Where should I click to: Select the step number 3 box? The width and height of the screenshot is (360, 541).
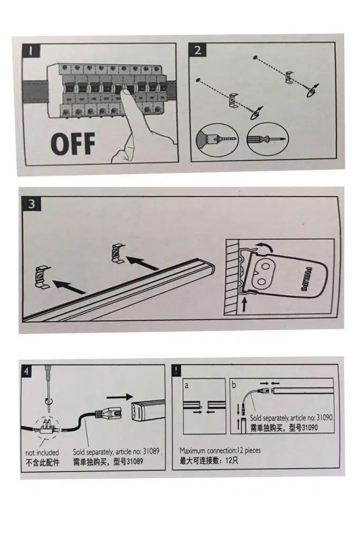[32, 204]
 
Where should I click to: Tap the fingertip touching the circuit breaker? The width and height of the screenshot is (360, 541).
[127, 94]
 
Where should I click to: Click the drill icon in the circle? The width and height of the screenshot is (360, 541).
[216, 140]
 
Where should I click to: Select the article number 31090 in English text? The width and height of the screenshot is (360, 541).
[321, 417]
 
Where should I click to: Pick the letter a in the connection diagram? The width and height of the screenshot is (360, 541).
[186, 385]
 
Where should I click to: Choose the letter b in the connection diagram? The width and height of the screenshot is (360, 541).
[234, 385]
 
